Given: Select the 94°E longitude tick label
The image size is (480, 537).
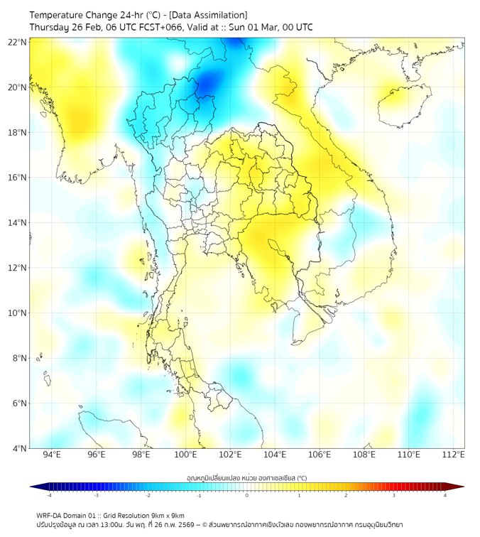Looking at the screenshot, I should (52, 455).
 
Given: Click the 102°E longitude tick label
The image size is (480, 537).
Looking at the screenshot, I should (230, 455).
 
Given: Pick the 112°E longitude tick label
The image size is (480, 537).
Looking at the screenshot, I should (453, 455).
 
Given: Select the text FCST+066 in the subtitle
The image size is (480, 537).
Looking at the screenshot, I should (162, 27).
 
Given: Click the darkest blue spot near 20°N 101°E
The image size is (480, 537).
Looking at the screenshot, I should (207, 85).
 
